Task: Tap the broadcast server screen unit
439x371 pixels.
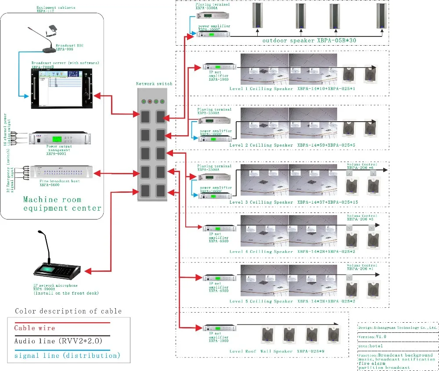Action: pyautogui.click(x=63, y=88)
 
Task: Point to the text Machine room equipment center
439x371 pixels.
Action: pyautogui.click(x=62, y=203)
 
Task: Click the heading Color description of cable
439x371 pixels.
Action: pyautogui.click(x=68, y=311)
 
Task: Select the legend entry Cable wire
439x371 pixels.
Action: pyautogui.click(x=35, y=328)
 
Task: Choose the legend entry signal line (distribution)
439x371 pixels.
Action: pyautogui.click(x=67, y=355)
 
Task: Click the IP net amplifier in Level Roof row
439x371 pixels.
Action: pyautogui.click(x=219, y=327)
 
